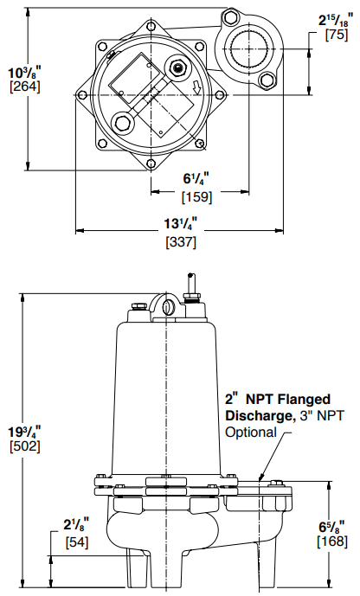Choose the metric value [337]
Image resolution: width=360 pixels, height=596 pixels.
(180, 242)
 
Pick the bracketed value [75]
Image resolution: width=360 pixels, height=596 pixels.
(336, 35)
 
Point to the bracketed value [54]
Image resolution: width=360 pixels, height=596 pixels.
(78, 542)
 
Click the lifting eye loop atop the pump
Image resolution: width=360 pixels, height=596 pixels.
(167, 305)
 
